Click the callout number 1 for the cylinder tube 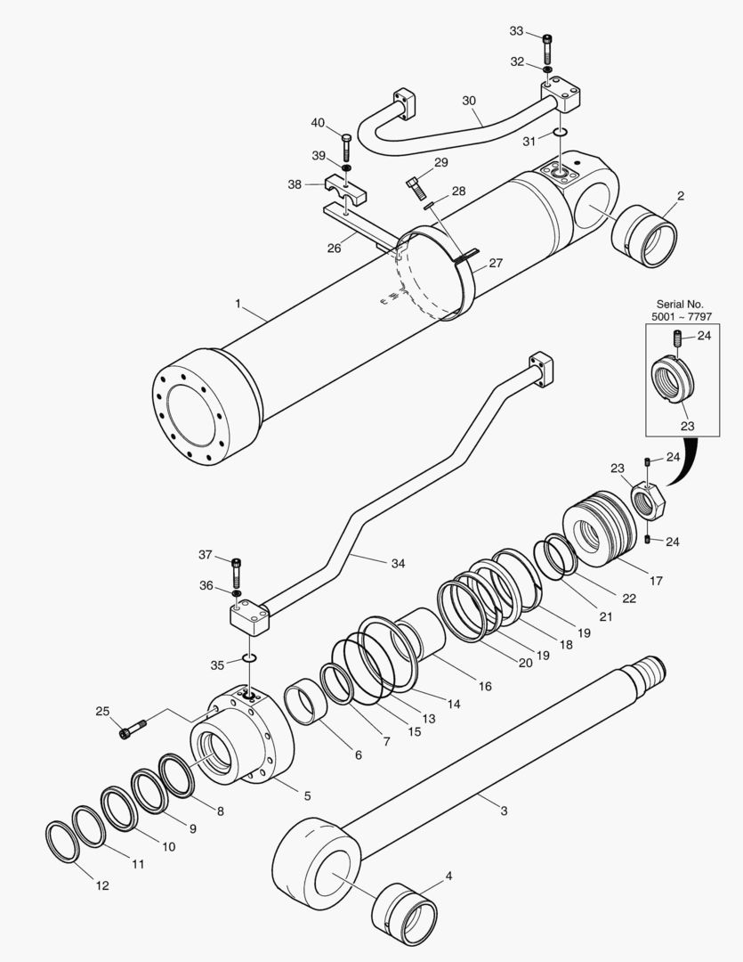238,304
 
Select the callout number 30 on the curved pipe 469,101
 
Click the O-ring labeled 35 250,658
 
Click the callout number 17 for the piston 656,581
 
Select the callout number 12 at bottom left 102,885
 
